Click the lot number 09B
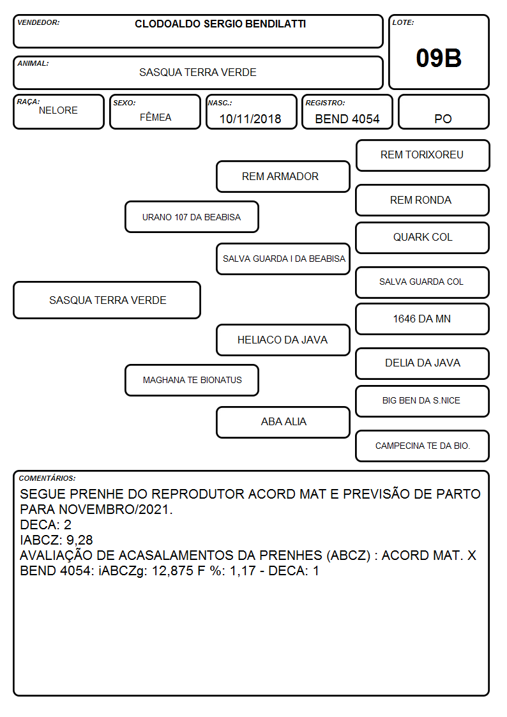(x=439, y=58)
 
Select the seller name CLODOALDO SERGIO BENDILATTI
(x=220, y=24)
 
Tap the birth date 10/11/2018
(x=250, y=119)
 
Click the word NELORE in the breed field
(x=58, y=110)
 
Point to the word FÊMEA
(x=155, y=117)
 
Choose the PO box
(x=443, y=112)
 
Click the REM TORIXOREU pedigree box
(x=423, y=156)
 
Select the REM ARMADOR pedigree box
(x=283, y=176)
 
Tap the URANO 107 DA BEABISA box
(x=192, y=216)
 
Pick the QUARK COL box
(x=423, y=238)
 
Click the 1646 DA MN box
(x=423, y=319)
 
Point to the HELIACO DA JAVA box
(x=283, y=340)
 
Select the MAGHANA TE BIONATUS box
(x=192, y=380)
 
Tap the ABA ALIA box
(x=283, y=423)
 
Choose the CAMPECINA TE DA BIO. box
(x=423, y=446)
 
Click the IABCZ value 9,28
(x=80, y=540)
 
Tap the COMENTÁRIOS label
(x=47, y=478)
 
